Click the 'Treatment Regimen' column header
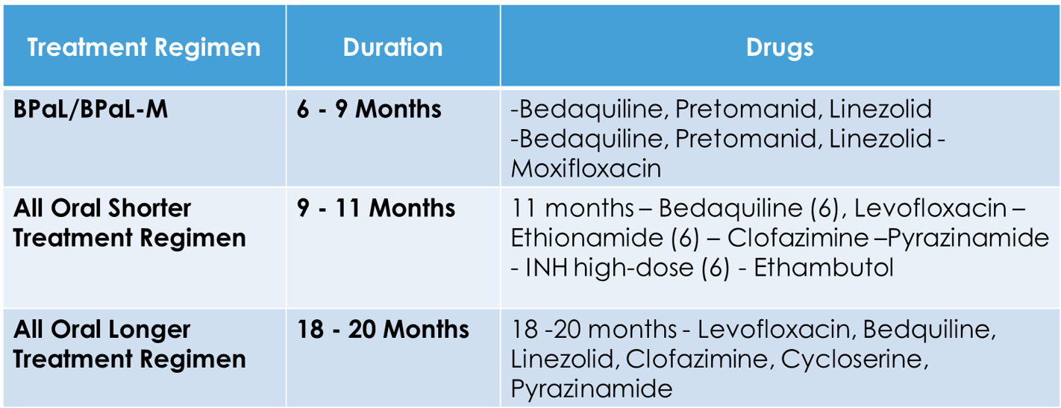click(x=144, y=47)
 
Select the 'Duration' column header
click(x=392, y=47)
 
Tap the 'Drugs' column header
click(x=780, y=48)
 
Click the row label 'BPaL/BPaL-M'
click(x=90, y=110)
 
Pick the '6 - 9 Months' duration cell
click(x=369, y=110)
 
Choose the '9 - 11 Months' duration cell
click(x=376, y=208)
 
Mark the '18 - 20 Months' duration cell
click(x=383, y=330)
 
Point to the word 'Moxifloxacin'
click(x=586, y=169)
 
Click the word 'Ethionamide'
click(x=587, y=238)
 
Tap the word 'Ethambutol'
click(x=824, y=268)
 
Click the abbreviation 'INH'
click(x=547, y=268)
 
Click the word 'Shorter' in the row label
click(x=149, y=208)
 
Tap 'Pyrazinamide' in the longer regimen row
click(x=592, y=389)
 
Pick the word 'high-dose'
click(x=633, y=268)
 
